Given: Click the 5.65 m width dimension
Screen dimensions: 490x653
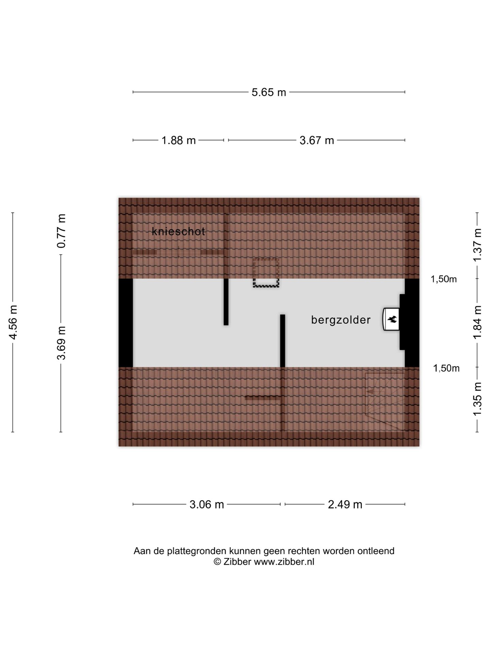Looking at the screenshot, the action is [269, 92].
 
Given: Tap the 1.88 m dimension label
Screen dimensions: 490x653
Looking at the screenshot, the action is [179, 140].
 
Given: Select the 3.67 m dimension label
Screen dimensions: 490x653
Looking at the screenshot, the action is [317, 140].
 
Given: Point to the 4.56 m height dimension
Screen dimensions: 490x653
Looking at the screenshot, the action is [13, 322].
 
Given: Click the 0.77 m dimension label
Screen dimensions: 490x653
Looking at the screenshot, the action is [61, 231].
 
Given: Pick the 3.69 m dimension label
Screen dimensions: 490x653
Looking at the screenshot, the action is [61, 342].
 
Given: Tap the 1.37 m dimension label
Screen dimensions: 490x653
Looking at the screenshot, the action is [477, 245].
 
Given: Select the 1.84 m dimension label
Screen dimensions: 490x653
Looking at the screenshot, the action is [477, 322].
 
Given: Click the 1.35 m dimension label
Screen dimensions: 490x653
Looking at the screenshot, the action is [477, 399].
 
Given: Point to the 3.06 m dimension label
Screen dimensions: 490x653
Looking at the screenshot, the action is [207, 504].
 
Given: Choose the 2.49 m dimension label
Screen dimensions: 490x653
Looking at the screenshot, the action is [345, 504].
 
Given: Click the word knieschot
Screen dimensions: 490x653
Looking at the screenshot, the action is [178, 231].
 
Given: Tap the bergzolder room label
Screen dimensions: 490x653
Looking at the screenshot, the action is [341, 320].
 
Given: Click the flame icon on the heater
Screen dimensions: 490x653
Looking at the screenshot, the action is [392, 319].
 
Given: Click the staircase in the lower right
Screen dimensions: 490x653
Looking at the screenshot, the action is [385, 401].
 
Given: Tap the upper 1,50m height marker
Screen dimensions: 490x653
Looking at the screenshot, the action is [444, 279].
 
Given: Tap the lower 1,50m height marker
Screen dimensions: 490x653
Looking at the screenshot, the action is [446, 368].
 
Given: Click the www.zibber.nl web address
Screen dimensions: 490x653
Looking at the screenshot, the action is [284, 562].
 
